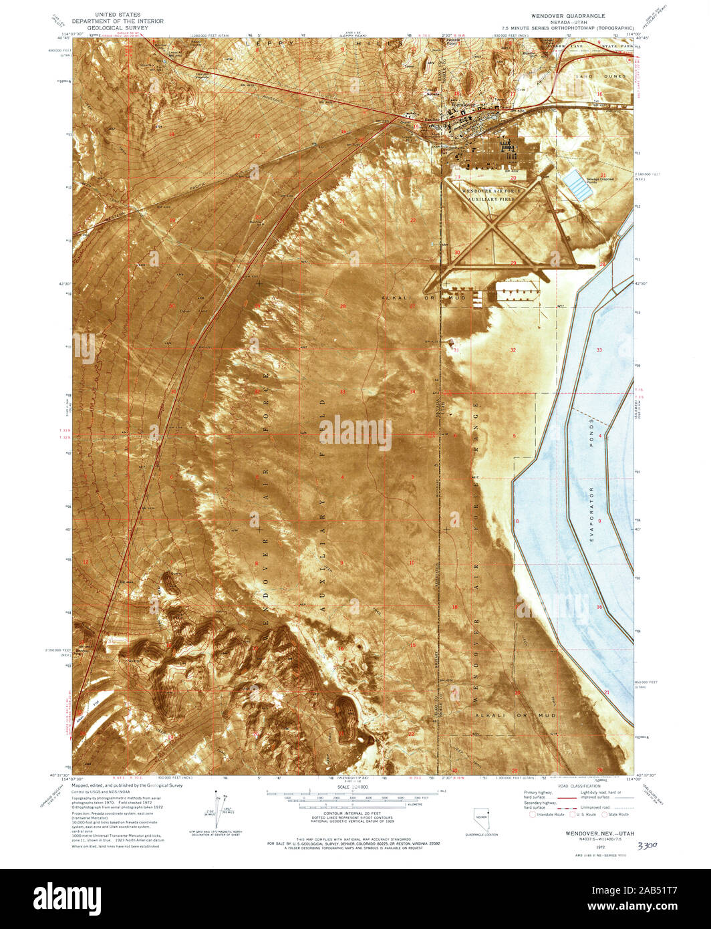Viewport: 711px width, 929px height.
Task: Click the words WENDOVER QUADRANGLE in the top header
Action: click(x=567, y=15)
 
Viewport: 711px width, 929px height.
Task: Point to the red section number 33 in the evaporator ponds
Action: click(x=599, y=350)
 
